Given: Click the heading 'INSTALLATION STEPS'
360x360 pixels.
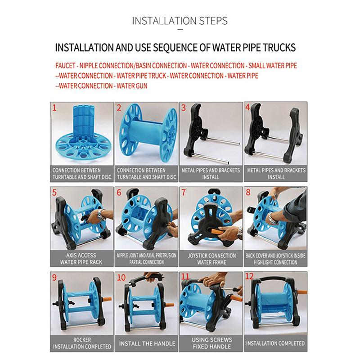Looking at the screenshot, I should click(180, 21).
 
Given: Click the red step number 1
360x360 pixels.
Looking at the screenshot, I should click(54, 108).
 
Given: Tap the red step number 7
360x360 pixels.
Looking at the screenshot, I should click(184, 192).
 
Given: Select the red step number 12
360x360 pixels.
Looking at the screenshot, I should click(249, 277).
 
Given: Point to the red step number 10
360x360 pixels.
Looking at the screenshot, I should click(120, 277).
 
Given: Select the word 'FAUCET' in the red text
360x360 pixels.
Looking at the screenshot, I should click(66, 66).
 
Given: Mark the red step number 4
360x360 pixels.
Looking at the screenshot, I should click(247, 108).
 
